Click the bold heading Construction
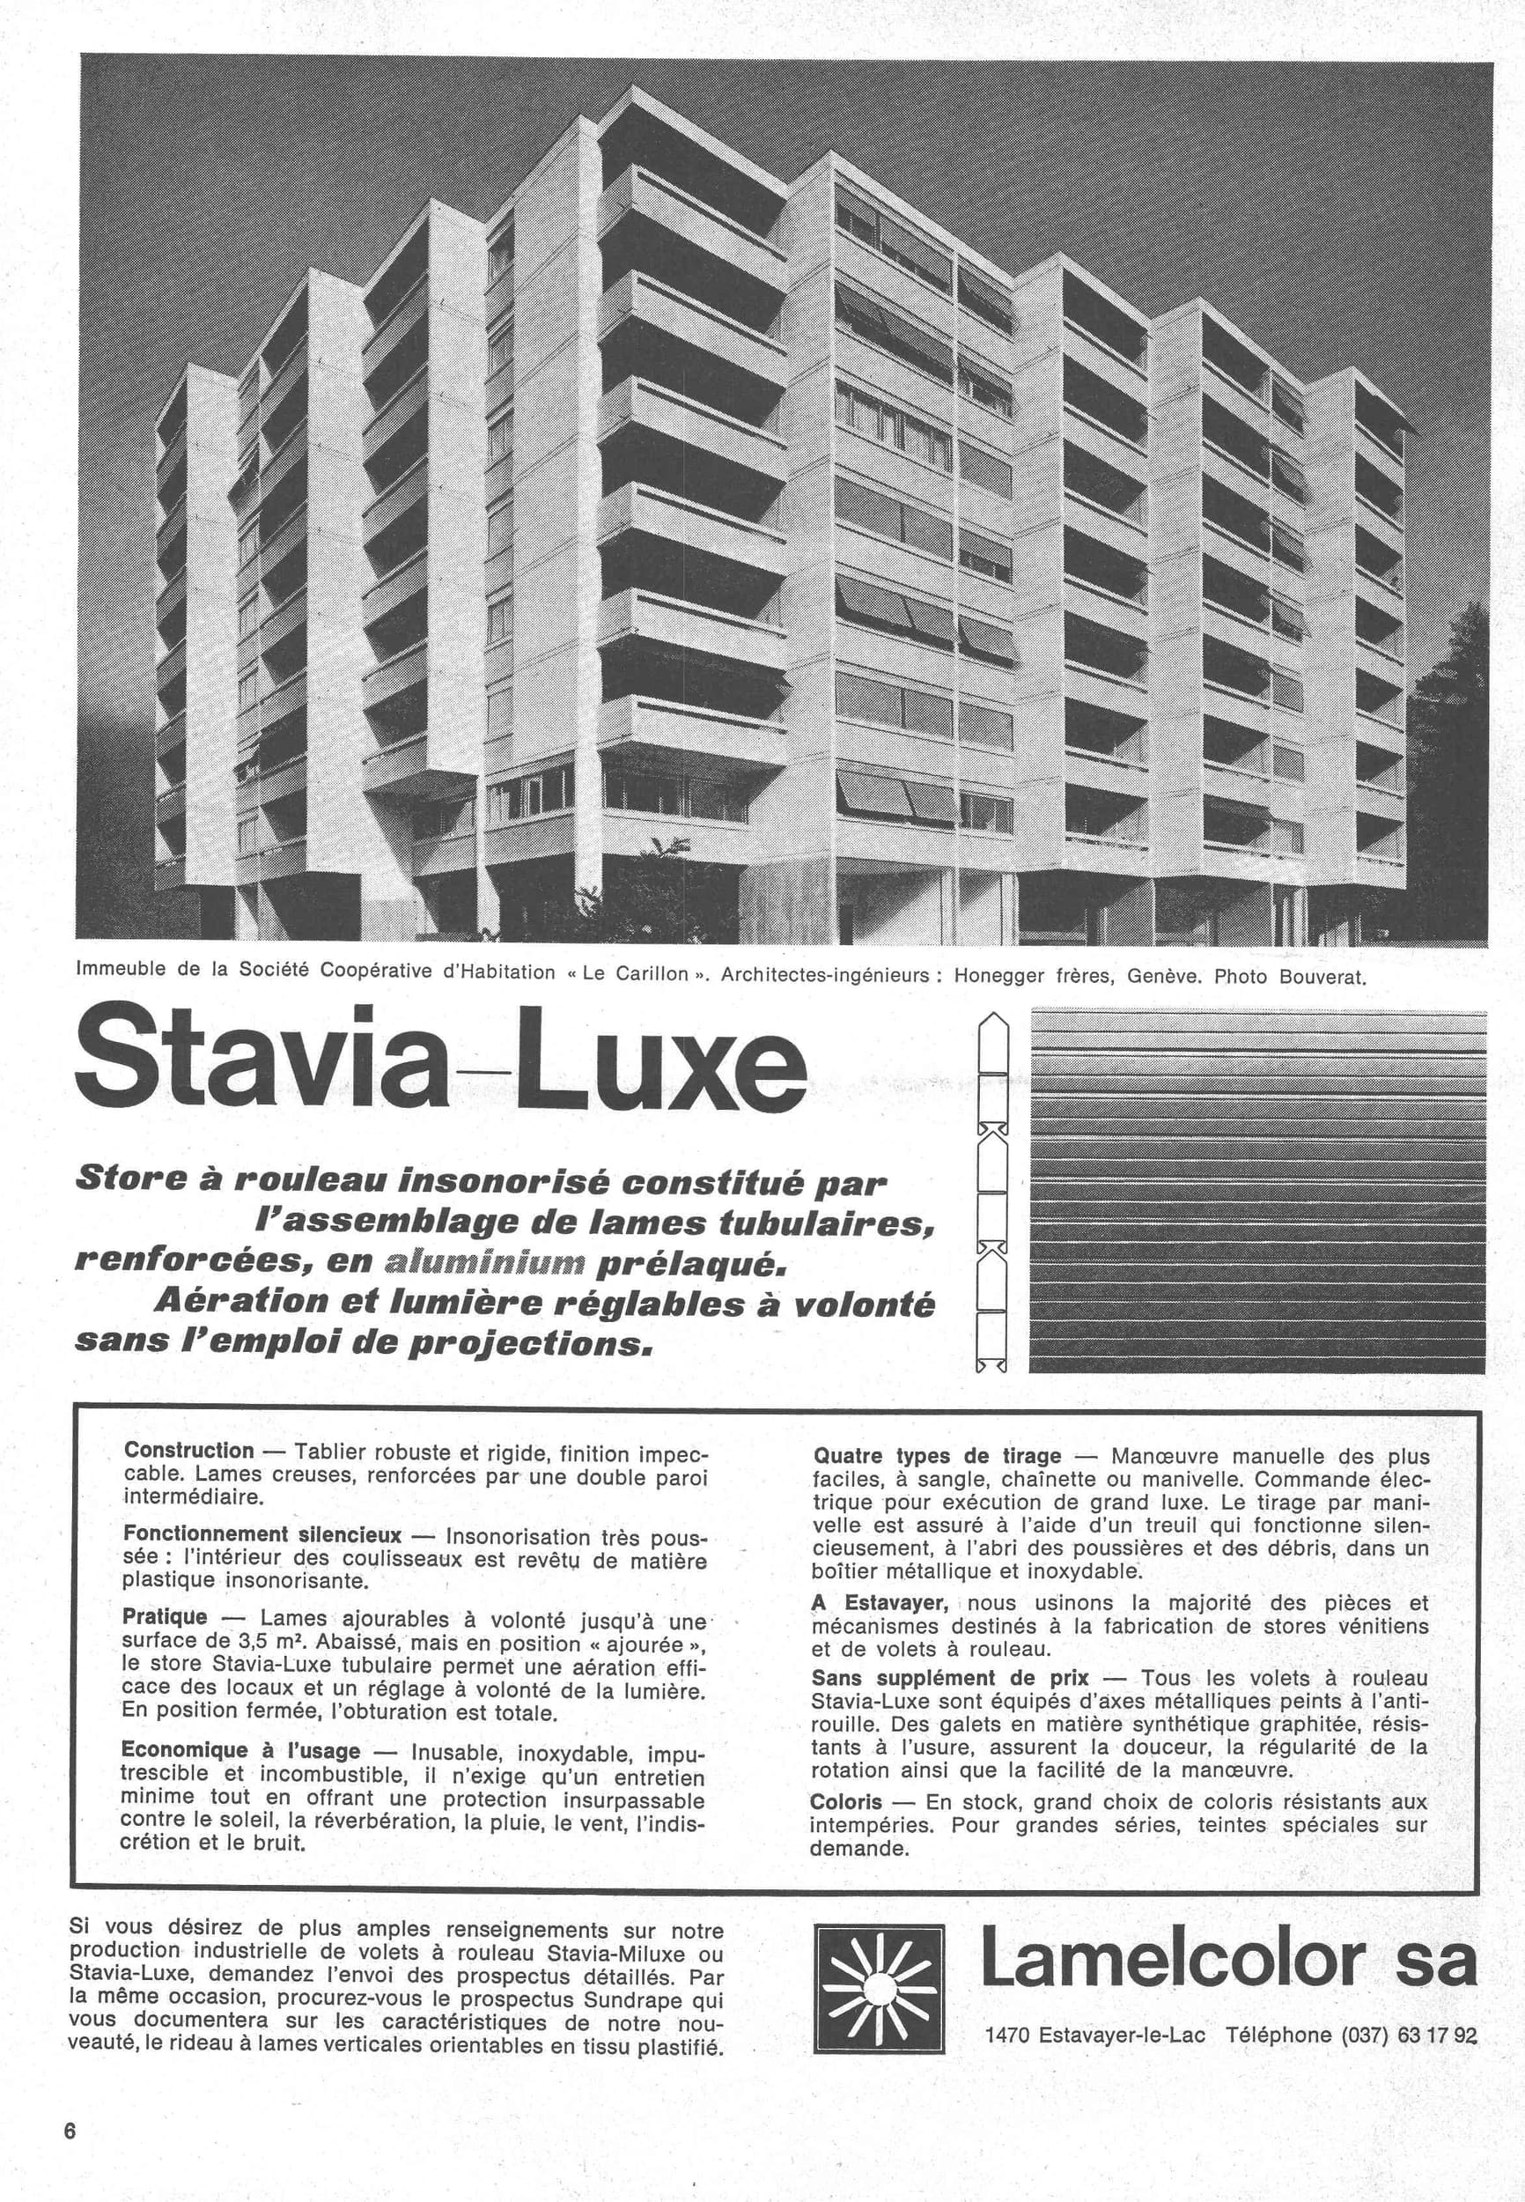[189, 1451]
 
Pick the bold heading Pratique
[166, 1616]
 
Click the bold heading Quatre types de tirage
[937, 1456]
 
